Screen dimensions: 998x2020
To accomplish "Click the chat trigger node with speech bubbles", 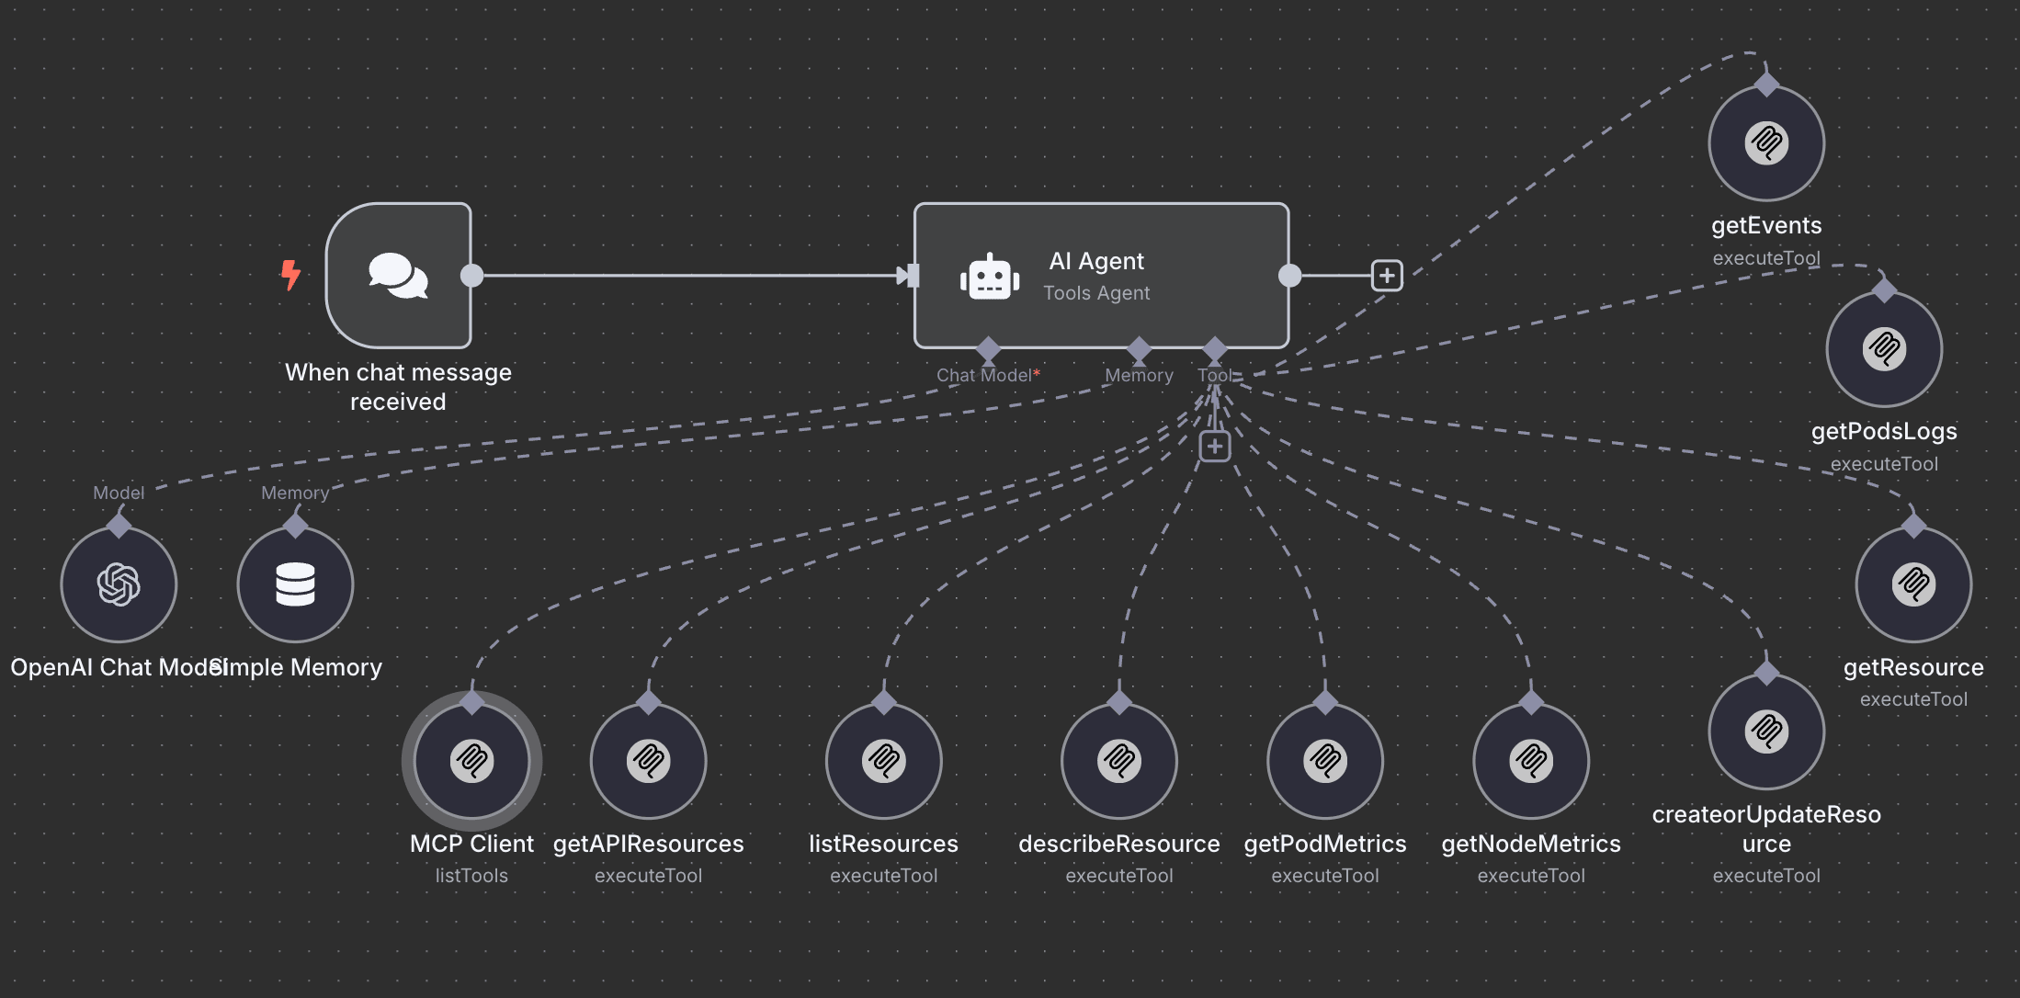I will click(398, 275).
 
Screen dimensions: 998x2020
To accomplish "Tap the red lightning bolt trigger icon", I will click(290, 274).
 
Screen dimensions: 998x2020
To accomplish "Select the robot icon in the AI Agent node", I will click(990, 276).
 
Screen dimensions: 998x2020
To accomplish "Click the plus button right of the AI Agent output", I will click(1386, 275).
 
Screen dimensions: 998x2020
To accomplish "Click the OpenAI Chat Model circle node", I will click(119, 584).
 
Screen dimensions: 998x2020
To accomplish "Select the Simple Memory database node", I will click(295, 584).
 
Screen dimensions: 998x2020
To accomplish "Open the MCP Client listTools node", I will click(471, 761).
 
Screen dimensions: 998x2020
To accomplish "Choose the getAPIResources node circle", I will click(648, 761).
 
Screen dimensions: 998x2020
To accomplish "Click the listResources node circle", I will click(883, 761).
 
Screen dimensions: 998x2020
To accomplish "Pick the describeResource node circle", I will click(1118, 761).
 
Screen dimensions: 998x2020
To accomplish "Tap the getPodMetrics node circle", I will click(1324, 761).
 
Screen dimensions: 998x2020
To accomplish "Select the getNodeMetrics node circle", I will click(1530, 761).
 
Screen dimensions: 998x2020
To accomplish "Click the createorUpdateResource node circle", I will click(1765, 731).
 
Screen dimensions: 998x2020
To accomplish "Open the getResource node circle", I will click(1913, 584).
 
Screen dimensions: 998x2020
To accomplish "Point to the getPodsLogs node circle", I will click(1884, 349).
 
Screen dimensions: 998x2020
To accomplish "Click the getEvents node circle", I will click(1765, 143).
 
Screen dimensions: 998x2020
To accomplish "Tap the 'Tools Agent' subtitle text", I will click(1096, 293).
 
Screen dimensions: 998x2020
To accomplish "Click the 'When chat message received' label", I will click(398, 387).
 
